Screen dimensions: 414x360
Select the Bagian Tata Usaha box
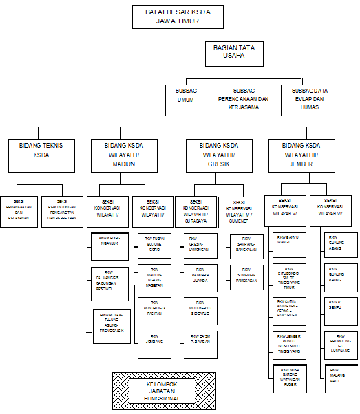[234, 54]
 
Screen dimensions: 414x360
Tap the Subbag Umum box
[186, 99]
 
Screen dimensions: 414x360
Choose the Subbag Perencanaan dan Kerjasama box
[243, 99]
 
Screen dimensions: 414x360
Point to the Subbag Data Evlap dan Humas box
[309, 99]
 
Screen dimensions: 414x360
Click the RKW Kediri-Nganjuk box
[109, 242]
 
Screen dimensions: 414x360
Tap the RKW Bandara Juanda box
[200, 276]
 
